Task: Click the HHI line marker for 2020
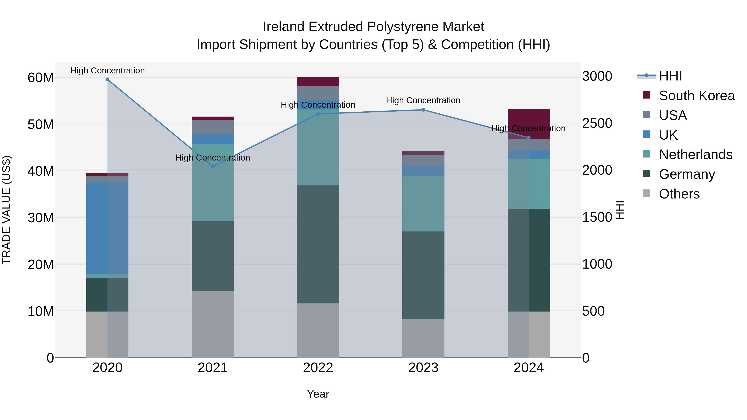coord(107,79)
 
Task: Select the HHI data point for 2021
coord(212,166)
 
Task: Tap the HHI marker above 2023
coord(423,110)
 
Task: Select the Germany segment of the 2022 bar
coord(318,244)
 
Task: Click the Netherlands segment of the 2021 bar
coord(212,183)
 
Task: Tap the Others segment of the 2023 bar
coord(423,338)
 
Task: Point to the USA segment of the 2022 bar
coord(318,93)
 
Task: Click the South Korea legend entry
coord(697,96)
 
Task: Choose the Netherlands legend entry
coord(695,155)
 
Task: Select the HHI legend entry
coord(670,76)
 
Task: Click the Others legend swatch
coord(646,193)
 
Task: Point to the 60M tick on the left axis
coord(41,78)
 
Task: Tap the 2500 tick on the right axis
coord(597,123)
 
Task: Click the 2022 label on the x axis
coord(318,368)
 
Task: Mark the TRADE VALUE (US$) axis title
coord(7,210)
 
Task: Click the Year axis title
coord(318,394)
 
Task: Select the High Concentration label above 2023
coord(423,100)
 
